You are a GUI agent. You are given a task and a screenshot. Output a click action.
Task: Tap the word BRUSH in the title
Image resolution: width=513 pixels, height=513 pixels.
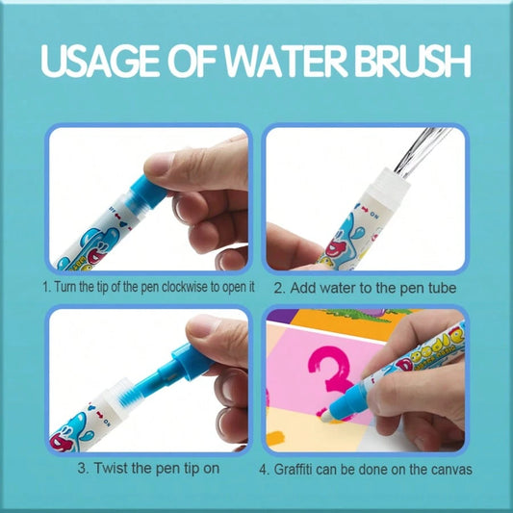413,62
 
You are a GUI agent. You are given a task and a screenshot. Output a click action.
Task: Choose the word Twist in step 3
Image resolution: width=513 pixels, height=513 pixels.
111,468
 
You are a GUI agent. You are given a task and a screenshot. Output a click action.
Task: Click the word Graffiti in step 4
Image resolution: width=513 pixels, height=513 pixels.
293,469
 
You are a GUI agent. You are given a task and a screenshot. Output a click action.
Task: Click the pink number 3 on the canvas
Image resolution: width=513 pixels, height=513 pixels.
330,376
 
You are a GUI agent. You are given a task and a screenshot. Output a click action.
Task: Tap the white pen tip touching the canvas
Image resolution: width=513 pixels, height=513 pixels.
326,416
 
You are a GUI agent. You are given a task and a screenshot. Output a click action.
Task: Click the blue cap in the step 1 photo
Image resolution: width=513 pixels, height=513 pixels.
146,193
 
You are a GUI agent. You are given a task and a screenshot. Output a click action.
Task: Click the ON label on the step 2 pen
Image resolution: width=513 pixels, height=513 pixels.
374,215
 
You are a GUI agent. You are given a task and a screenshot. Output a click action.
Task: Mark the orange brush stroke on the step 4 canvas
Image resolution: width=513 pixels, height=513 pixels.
275,437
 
